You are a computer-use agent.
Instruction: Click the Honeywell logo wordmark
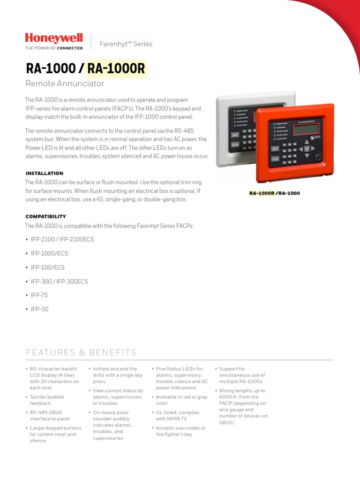[53, 38]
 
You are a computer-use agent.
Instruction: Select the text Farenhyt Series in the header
[126, 44]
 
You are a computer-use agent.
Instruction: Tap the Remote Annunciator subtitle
[64, 84]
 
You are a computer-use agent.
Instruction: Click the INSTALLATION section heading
[44, 173]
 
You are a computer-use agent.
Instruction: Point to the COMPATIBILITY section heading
[45, 217]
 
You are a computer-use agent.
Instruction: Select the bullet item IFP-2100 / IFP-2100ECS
[62, 240]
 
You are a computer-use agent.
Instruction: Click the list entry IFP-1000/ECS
[49, 254]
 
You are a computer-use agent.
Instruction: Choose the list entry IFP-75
[39, 295]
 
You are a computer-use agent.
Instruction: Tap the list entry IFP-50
[39, 309]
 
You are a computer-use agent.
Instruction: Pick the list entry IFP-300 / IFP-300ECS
[59, 282]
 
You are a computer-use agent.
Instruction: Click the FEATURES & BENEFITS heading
[81, 352]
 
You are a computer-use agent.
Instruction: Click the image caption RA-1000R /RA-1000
[274, 193]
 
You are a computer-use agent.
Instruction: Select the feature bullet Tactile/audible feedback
[47, 400]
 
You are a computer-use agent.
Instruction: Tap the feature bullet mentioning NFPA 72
[177, 415]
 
